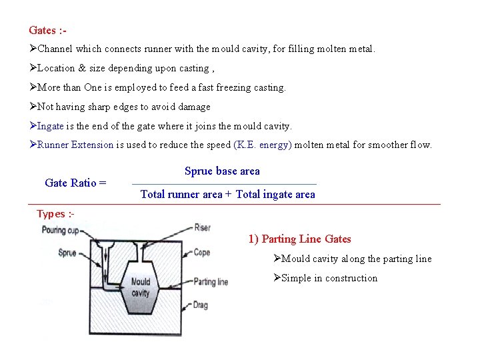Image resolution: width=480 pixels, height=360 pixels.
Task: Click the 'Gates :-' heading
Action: pyautogui.click(x=47, y=30)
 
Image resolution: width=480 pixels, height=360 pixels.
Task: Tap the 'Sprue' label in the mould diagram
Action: pyautogui.click(x=67, y=253)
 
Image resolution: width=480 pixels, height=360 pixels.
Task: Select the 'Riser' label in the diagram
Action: pyautogui.click(x=202, y=228)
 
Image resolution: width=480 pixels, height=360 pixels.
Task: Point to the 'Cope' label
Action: pyautogui.click(x=201, y=253)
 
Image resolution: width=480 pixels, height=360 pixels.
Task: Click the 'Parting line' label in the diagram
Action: pyautogui.click(x=211, y=282)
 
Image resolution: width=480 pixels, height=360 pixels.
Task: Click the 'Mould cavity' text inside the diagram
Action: pyautogui.click(x=140, y=288)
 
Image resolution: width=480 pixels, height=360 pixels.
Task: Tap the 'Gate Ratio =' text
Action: pyautogui.click(x=75, y=183)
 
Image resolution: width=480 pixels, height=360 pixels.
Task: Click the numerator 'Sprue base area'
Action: pyautogui.click(x=222, y=171)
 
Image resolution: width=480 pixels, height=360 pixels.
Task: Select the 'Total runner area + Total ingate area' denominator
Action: pyautogui.click(x=227, y=195)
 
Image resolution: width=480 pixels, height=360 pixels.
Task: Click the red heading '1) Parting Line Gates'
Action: pyautogui.click(x=299, y=239)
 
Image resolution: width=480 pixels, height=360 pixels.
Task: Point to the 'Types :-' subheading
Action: pyautogui.click(x=55, y=214)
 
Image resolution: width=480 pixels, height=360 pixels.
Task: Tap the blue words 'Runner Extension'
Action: pyautogui.click(x=75, y=145)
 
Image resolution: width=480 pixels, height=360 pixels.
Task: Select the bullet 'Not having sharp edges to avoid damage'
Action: pyautogui.click(x=123, y=107)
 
